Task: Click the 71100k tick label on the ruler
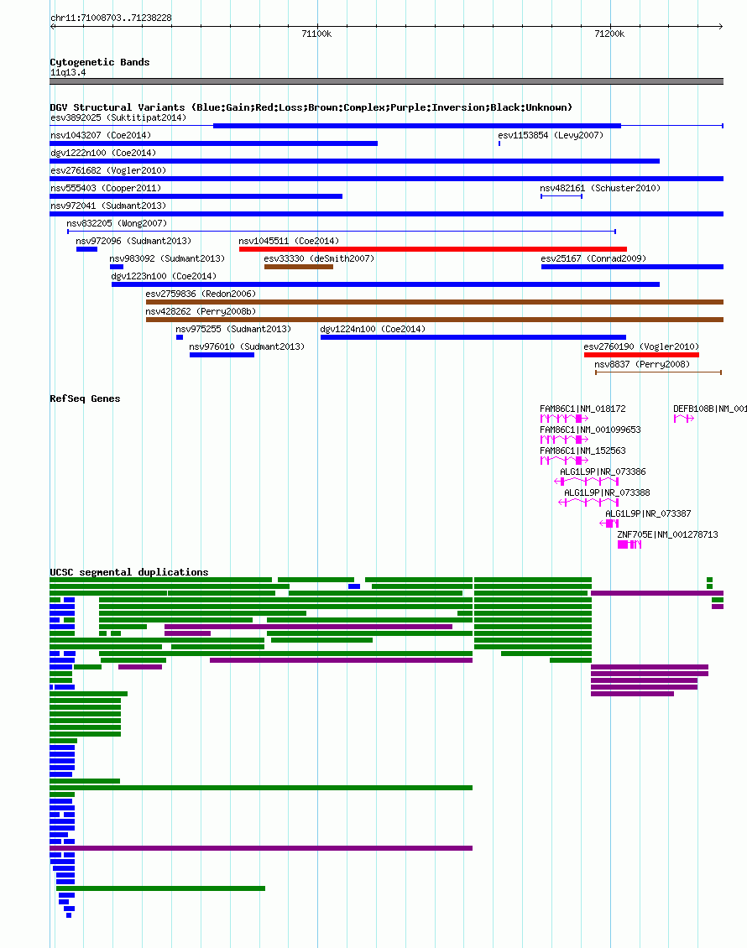316,34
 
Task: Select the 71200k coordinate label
609,34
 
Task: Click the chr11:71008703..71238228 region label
112,18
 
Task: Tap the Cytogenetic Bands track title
100,62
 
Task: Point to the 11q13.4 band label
68,72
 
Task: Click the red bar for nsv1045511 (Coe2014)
433,249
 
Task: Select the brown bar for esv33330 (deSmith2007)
299,267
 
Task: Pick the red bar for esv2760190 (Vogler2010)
641,355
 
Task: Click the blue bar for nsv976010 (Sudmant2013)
222,355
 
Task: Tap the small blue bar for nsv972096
86,249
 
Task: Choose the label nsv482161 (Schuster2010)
600,188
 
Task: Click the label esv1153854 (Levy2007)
551,135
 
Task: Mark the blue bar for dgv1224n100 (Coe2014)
473,337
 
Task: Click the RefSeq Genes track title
86,398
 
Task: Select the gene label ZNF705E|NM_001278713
668,534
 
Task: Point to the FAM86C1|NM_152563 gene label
582,451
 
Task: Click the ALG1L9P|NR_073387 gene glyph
609,523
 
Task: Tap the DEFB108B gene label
710,409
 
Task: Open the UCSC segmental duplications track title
128,572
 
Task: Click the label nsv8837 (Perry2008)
642,364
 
